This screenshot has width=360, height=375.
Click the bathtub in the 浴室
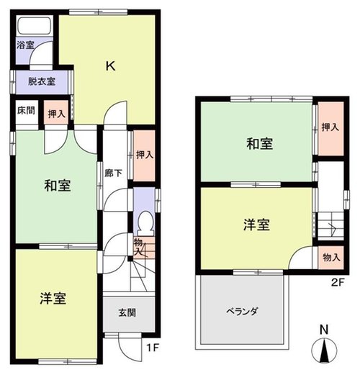(35, 26)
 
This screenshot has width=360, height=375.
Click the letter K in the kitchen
(111, 65)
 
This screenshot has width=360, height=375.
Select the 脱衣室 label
(42, 81)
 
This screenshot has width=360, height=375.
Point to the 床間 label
(26, 110)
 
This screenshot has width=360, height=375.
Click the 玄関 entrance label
(127, 312)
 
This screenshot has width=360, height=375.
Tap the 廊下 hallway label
(114, 173)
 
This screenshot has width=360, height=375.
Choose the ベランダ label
(242, 312)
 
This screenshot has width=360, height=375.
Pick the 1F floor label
(153, 348)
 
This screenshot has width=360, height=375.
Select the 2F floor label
(338, 283)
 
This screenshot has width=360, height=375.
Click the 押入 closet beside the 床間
(56, 112)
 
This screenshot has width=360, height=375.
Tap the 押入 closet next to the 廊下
(144, 155)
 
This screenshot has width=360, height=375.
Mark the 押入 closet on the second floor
(330, 128)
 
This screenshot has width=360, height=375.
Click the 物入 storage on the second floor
(331, 258)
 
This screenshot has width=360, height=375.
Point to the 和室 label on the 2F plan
(260, 144)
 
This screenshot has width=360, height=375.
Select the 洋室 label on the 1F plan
(53, 299)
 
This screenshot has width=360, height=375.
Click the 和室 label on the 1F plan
(58, 186)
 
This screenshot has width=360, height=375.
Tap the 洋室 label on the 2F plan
(257, 225)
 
